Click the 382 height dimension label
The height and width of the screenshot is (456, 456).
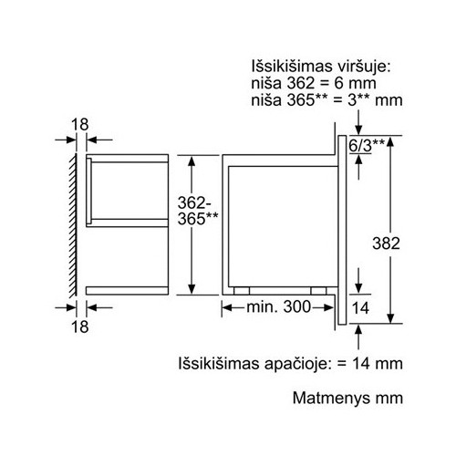pyautogui.click(x=386, y=244)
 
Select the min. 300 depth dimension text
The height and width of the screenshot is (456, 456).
pyautogui.click(x=278, y=307)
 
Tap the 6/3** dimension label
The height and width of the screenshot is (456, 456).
pyautogui.click(x=367, y=146)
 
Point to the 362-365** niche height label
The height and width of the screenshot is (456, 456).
pyautogui.click(x=198, y=211)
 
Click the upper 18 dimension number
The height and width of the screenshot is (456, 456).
pyautogui.click(x=79, y=125)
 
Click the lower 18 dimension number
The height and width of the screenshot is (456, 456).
pyautogui.click(x=79, y=326)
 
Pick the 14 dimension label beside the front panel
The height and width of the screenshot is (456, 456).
pyautogui.click(x=360, y=308)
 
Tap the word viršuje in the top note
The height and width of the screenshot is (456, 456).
pyautogui.click(x=364, y=67)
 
